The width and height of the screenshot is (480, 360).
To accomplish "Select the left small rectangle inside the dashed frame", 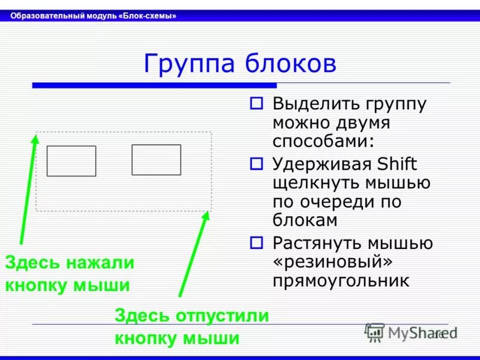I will point(71,161).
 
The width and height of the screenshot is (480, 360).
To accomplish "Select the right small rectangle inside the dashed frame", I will point(156,160).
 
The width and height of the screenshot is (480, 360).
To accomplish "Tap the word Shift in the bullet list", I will point(397,163).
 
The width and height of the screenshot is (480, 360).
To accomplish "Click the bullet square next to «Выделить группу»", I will point(256,103).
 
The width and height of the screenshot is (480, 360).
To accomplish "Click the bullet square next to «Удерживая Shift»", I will point(256,163).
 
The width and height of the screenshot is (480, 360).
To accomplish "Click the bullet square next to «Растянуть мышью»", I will point(256,243).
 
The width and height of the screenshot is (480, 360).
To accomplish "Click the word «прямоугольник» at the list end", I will point(341,281).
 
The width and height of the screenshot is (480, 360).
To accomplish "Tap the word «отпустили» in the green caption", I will point(223,316).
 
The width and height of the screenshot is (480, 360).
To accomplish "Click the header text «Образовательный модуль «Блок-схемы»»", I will point(93,16).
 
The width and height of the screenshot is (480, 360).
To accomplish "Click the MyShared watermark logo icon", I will point(374,332).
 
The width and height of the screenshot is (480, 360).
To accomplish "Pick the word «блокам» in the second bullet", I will point(305,220).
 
